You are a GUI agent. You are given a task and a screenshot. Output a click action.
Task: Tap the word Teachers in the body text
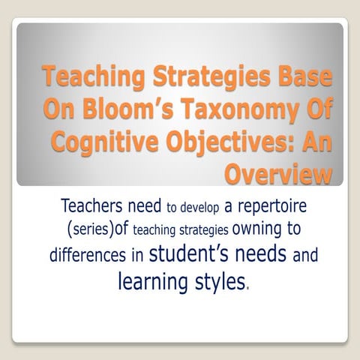click(x=97, y=205)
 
